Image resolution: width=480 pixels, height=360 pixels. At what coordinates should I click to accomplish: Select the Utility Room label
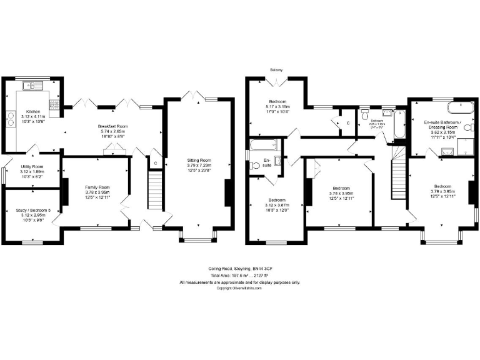point(29,167)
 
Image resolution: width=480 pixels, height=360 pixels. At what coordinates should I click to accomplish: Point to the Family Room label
point(97,187)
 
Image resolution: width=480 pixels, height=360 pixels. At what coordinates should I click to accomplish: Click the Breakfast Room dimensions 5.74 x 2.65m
point(111,132)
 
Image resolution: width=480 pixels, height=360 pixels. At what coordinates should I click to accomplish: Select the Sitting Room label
point(199,161)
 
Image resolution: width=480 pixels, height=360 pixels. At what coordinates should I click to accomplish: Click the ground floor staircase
point(154,191)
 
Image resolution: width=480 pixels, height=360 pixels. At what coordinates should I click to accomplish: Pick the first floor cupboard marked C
point(347,123)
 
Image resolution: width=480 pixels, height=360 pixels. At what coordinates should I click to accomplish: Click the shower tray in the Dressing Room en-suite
point(465,147)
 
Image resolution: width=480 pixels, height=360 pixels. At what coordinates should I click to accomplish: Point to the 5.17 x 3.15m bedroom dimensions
point(277,107)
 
